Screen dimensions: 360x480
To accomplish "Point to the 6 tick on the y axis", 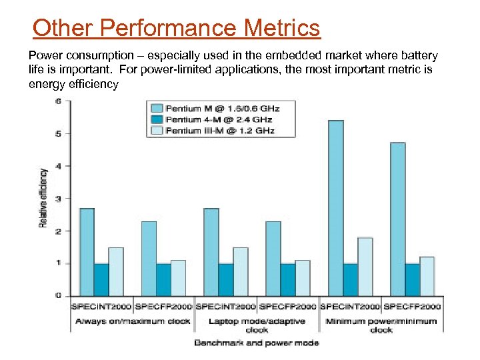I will click(x=58, y=101).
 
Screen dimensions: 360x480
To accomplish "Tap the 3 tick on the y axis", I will click(x=58, y=199).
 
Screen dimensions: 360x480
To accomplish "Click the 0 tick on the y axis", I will click(x=58, y=295).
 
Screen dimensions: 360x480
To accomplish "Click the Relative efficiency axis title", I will click(x=43, y=197).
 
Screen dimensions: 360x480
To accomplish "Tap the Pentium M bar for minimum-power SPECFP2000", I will click(x=397, y=219).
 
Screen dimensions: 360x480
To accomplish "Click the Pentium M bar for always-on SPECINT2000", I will click(x=87, y=252).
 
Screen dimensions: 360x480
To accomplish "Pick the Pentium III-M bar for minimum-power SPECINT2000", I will click(x=365, y=267).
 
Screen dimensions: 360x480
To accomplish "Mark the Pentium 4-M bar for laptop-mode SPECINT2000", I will click(x=226, y=279).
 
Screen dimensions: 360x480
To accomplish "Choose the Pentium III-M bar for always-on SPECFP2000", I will click(x=178, y=277).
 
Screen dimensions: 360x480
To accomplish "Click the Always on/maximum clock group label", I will click(x=132, y=321).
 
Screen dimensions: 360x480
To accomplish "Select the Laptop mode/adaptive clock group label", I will click(x=257, y=325).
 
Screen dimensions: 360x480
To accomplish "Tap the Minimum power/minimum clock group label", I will click(x=382, y=325).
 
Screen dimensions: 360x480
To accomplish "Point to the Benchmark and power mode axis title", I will click(x=257, y=343).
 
